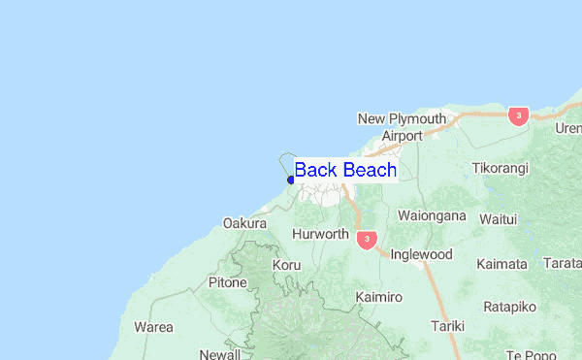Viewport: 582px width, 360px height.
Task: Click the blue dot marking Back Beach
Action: (x=291, y=180)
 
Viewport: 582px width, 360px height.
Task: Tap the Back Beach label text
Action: (x=345, y=170)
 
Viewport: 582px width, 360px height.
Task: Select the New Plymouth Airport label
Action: (x=402, y=127)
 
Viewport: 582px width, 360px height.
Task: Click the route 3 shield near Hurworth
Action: (x=366, y=239)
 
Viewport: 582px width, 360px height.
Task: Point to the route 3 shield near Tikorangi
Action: (x=519, y=115)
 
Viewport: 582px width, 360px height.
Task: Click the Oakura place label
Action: (x=244, y=223)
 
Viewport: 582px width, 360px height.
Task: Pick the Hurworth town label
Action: (x=320, y=234)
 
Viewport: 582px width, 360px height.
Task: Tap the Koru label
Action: (x=287, y=265)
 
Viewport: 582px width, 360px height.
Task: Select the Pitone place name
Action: (x=228, y=283)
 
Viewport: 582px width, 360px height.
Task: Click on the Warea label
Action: (x=154, y=327)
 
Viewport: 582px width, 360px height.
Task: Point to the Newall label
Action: (x=219, y=354)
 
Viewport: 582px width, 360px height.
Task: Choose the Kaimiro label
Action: (x=377, y=296)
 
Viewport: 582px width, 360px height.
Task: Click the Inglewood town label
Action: (x=421, y=254)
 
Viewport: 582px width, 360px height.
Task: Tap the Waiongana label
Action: (x=432, y=215)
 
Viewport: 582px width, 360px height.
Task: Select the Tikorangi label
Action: (x=501, y=168)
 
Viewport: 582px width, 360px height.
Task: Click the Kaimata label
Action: (x=501, y=264)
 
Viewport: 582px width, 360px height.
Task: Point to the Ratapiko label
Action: (x=509, y=307)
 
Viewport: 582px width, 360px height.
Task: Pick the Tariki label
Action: (x=448, y=326)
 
